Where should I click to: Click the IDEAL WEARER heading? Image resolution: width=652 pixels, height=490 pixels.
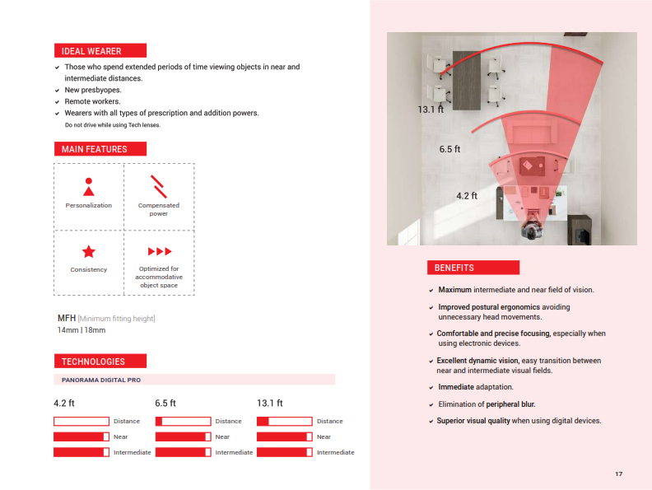pos(91,51)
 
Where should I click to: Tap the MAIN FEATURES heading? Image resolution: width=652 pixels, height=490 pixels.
pos(95,149)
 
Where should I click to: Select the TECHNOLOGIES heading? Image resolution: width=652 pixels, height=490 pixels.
pos(94,362)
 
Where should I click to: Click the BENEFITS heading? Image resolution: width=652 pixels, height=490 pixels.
pos(454,268)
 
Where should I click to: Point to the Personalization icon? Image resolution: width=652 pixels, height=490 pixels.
pos(89,187)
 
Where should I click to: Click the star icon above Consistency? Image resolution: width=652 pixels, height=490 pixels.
pos(88,252)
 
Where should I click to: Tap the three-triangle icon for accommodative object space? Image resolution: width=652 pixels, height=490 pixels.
pos(159,251)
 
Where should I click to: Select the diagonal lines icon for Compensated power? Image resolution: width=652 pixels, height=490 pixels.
pos(159,187)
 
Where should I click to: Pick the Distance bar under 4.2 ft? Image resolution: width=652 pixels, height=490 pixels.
pos(81,421)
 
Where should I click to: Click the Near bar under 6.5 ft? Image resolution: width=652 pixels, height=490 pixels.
pos(183,436)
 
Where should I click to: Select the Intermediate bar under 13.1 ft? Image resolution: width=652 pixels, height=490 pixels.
pos(285,452)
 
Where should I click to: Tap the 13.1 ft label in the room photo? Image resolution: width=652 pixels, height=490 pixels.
pos(430,109)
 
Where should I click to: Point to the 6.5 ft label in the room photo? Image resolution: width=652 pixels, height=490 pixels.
pos(449,150)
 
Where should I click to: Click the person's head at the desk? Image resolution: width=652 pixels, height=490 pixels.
pos(532,228)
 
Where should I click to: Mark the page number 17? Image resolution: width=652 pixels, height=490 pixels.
pos(618,474)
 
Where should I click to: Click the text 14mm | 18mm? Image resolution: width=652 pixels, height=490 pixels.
pos(81,330)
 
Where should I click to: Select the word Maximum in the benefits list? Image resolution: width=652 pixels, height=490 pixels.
pos(454,290)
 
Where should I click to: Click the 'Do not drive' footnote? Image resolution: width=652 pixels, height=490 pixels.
pos(112,125)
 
